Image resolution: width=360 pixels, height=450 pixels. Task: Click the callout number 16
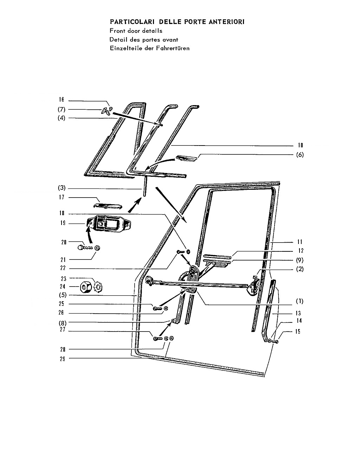click(61, 99)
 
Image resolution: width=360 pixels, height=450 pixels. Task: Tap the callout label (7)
click(62, 109)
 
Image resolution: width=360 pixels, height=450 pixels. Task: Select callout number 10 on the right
click(300, 145)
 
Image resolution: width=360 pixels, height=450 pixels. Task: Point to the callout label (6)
click(300, 155)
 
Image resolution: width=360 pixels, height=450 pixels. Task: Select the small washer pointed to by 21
click(97, 248)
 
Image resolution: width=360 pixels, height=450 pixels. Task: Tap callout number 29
click(62, 359)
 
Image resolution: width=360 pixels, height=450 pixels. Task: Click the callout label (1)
click(300, 301)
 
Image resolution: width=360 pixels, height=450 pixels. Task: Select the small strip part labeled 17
click(108, 206)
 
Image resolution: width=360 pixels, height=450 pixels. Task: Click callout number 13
click(298, 313)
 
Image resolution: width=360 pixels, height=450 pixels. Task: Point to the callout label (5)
click(63, 295)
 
